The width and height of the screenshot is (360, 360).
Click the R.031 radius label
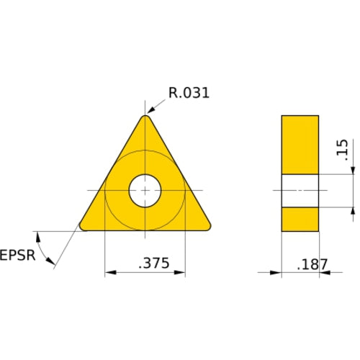point(189,93)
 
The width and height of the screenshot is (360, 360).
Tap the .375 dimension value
point(153,264)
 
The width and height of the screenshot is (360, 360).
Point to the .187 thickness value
point(312,264)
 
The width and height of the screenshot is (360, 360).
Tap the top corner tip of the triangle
point(145,117)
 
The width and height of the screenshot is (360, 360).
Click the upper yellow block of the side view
point(300,144)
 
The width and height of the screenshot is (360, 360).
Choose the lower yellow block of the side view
point(300,219)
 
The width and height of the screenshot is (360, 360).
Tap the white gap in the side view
point(300,191)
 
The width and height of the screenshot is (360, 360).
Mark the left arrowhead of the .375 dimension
point(109,273)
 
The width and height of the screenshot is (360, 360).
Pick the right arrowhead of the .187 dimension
point(323,273)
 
